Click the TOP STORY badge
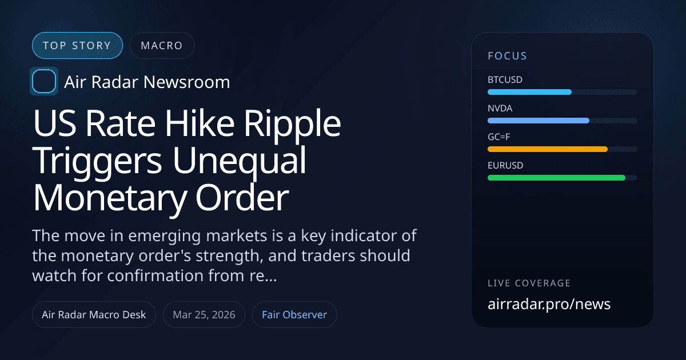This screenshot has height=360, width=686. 77,46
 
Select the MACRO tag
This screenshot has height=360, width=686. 162,46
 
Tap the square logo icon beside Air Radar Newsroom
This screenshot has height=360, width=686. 43,82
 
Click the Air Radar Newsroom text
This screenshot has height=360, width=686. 147,82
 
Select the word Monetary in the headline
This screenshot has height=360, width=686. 107,198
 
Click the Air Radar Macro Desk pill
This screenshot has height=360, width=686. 94,315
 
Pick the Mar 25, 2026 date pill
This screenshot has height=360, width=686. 204,315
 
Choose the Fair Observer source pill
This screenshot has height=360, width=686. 294,315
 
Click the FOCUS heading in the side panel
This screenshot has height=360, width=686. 507,56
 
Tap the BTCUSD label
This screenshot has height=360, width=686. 505,80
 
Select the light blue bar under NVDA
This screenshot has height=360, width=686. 538,121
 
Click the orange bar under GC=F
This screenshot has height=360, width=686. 547,149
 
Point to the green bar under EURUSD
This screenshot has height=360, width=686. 556,178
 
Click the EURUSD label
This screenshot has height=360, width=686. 505,166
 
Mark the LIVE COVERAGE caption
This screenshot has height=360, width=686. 529,283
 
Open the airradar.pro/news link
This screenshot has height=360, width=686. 549,304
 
